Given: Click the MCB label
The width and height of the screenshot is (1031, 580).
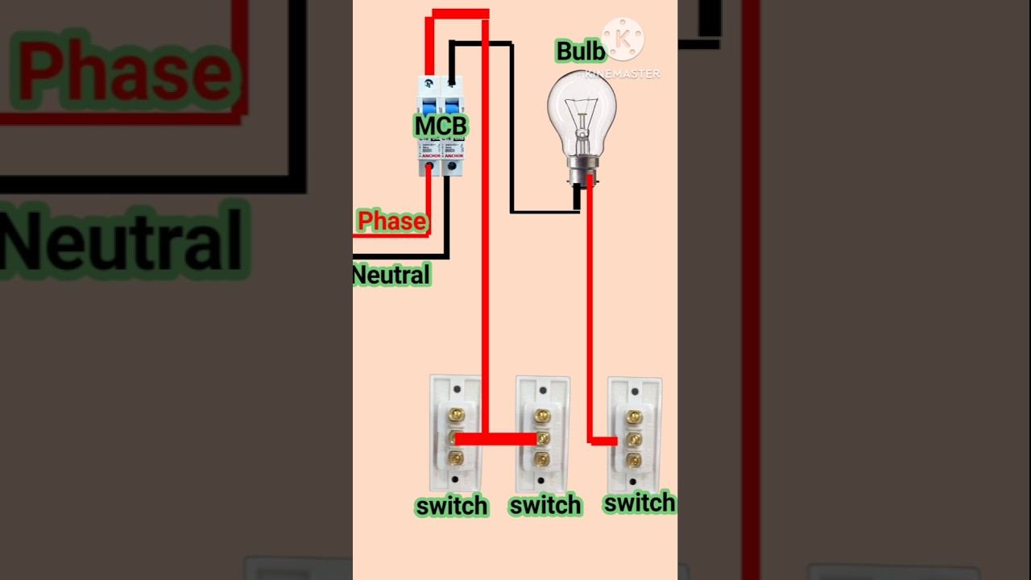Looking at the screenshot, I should tap(441, 126).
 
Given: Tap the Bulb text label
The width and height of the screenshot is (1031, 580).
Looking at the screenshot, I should tap(580, 52).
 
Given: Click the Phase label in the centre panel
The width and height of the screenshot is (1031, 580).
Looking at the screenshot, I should tap(391, 221).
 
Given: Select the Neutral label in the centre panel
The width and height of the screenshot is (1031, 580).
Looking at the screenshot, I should tap(391, 275).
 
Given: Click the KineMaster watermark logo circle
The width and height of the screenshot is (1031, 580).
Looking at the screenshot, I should tap(623, 39).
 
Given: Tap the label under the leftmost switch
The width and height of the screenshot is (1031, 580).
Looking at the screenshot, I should tap(452, 506).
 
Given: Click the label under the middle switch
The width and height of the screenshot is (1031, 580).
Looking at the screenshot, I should tap(545, 505).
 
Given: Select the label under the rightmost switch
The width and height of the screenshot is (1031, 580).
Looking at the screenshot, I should tap(640, 503).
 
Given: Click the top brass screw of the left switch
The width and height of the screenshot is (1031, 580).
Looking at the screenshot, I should tap(456, 416).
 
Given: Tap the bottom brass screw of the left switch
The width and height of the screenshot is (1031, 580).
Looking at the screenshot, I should tap(456, 459).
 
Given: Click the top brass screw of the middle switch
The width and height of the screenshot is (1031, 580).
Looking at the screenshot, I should tap(542, 416).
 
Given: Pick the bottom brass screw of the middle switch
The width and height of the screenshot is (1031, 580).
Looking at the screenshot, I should tap(542, 459).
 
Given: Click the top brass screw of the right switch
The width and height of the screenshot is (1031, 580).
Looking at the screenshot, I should tap(635, 416).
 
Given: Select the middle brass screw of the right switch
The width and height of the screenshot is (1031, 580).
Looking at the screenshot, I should tap(635, 439).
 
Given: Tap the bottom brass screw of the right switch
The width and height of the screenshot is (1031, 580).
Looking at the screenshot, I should tap(635, 461).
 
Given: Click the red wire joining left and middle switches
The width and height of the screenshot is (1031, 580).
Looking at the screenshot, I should tap(499, 439).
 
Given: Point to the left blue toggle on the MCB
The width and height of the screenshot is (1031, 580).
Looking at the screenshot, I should tap(429, 106).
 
